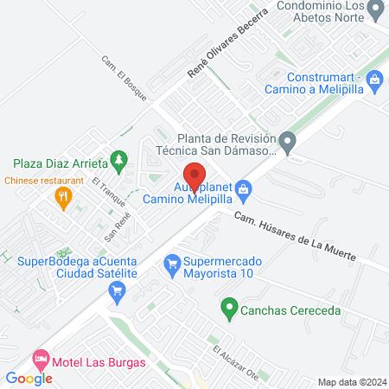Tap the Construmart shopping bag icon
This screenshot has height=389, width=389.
[374, 82]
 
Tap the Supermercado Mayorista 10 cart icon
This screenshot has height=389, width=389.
[171, 262]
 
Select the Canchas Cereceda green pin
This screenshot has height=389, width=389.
[229, 306]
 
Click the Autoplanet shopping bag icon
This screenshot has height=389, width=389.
[245, 188]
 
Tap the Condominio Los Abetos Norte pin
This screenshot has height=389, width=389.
[374, 11]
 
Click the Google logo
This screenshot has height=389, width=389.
[29, 378]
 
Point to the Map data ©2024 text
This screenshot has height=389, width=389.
[351, 382]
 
